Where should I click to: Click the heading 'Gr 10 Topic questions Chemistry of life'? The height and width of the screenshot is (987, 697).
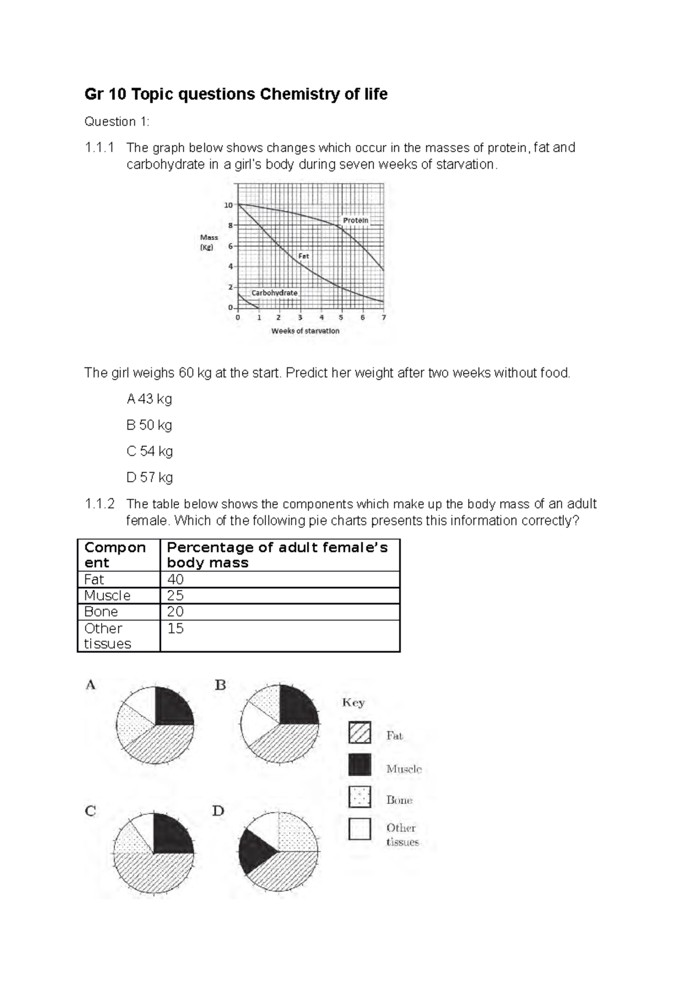coord(236,94)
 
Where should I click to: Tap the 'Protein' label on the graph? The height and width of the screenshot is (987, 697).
coord(355,221)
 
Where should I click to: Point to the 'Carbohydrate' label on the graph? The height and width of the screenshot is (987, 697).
coord(274,293)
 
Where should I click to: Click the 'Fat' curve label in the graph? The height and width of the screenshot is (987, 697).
coord(304,256)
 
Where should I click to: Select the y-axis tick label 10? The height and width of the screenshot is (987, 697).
coord(228,205)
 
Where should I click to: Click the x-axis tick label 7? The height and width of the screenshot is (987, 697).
coord(384,318)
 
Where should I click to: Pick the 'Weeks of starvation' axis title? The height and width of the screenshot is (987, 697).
coord(306,331)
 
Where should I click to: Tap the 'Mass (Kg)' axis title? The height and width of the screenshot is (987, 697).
coord(209,242)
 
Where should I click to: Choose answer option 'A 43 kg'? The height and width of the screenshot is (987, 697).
coord(149,399)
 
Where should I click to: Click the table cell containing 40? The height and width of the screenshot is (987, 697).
coord(175,580)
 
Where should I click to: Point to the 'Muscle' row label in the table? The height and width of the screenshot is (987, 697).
coord(107,596)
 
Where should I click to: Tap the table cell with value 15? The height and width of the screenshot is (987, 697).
coord(175,628)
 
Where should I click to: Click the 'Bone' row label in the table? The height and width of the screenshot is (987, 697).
coord(101,611)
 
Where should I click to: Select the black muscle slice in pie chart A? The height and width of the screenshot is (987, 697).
coord(173,705)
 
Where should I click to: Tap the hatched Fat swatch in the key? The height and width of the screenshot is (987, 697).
coord(360,732)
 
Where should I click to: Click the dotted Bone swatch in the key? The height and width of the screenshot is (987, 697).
coord(360,796)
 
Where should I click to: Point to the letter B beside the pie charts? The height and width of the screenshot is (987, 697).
coord(220,685)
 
